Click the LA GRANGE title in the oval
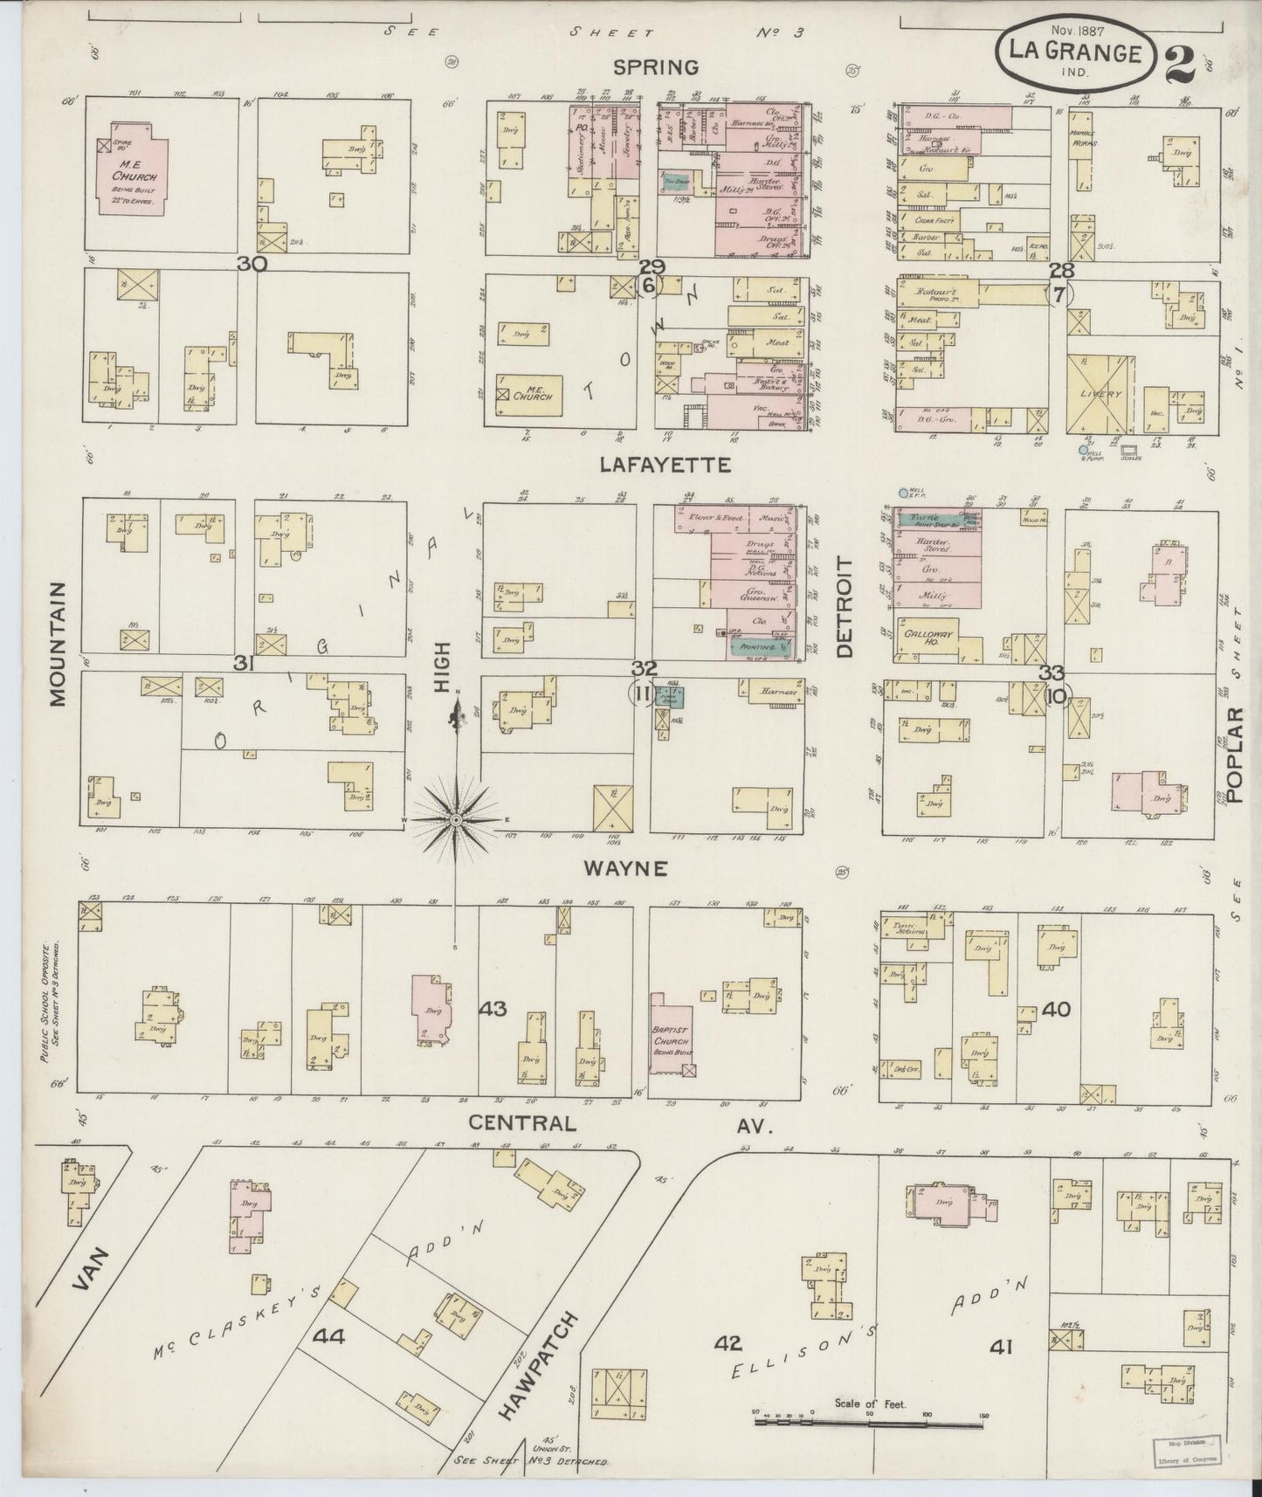(x=1074, y=52)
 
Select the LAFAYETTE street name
(x=665, y=466)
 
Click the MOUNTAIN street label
(x=58, y=644)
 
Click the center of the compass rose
(x=456, y=820)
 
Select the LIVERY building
(x=1100, y=393)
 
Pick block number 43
(x=493, y=1009)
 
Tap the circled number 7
(x=1059, y=295)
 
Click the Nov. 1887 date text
(x=1073, y=30)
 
